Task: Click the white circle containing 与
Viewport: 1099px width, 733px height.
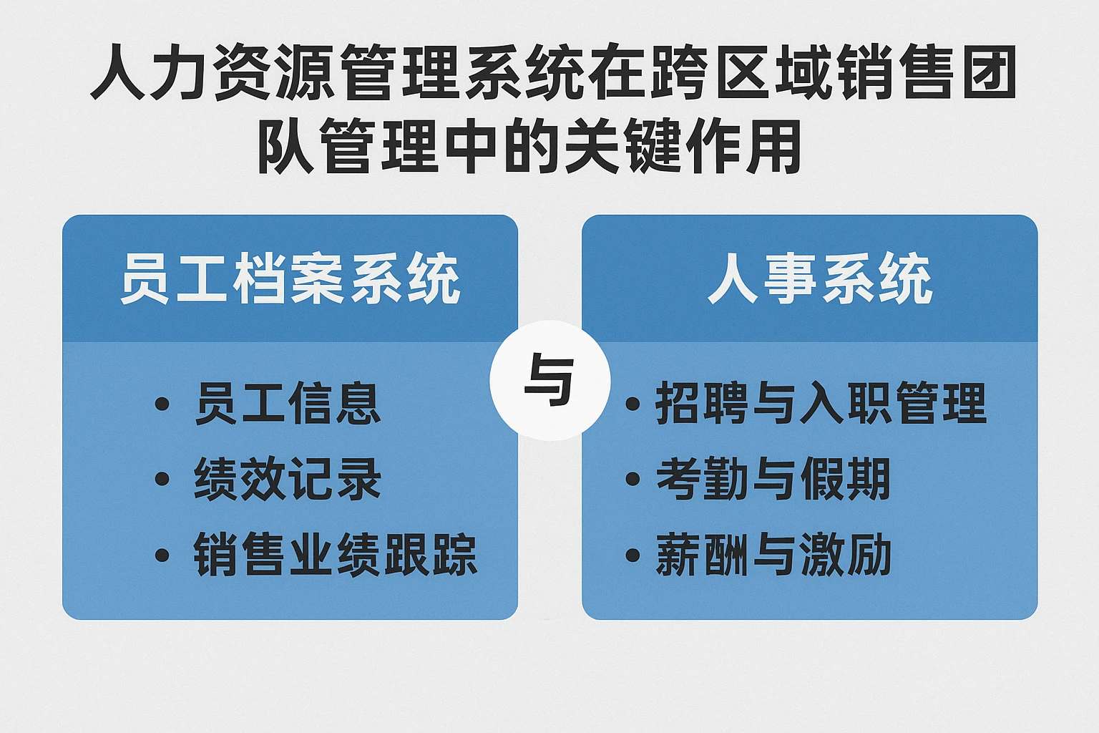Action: point(549,380)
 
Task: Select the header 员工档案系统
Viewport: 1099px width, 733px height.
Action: point(290,279)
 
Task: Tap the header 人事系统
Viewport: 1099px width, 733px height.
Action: point(820,279)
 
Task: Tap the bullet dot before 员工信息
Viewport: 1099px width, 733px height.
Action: point(162,404)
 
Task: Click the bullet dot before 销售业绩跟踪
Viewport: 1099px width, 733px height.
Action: point(162,555)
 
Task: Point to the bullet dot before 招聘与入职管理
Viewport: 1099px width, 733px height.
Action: point(632,404)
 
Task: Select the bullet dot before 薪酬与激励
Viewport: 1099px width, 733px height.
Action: point(632,555)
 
